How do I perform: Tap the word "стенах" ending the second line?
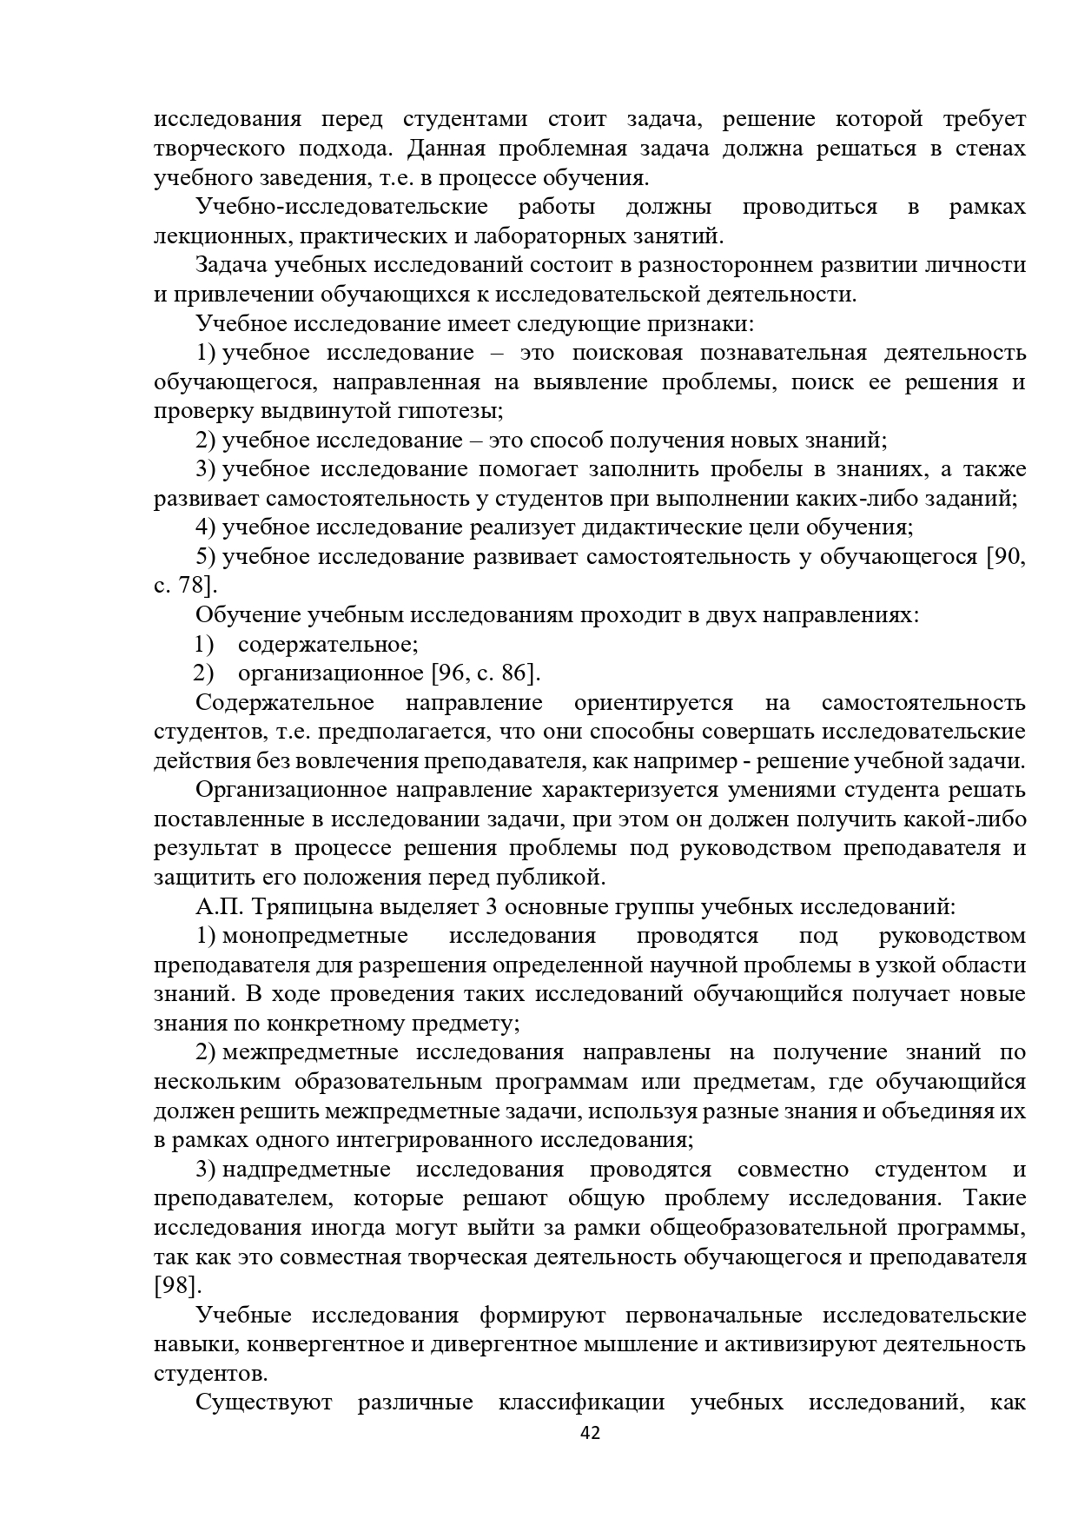click(x=990, y=149)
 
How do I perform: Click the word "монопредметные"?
click(x=315, y=936)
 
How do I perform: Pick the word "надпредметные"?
click(x=307, y=1170)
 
